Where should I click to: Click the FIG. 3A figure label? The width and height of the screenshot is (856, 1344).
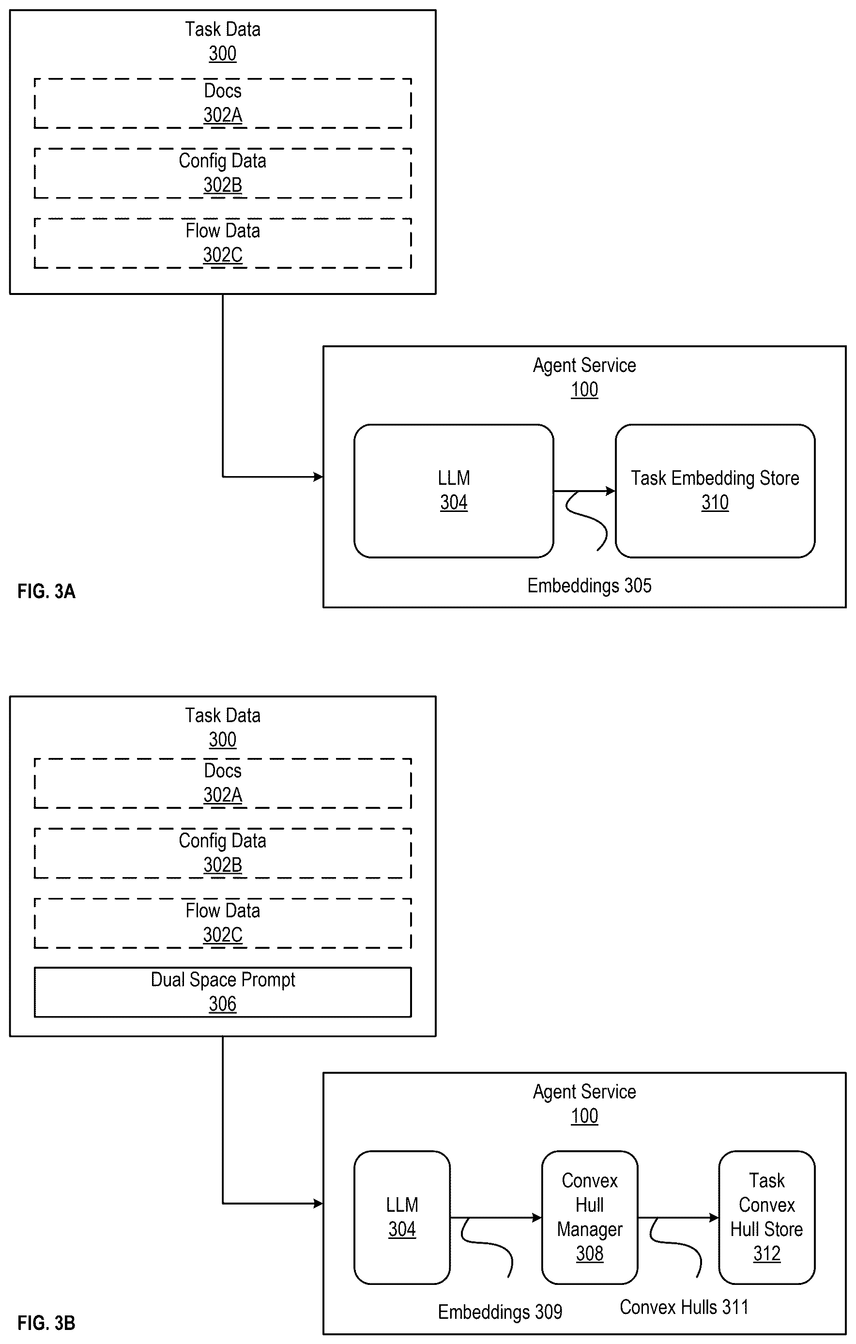coord(46,591)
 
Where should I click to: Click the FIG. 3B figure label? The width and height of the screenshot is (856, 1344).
coord(46,1322)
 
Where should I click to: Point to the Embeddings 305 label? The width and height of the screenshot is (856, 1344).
coord(589,586)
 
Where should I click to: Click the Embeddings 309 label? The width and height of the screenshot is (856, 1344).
coord(500,1312)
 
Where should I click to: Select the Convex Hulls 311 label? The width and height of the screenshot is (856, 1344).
coord(684,1307)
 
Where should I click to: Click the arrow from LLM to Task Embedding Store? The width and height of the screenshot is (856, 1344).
coord(584,491)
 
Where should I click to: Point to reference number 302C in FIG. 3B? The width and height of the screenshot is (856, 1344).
coord(223,935)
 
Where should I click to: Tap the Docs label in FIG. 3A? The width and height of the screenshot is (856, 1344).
coord(223,91)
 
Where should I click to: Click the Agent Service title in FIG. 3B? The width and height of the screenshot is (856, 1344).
coord(584,1092)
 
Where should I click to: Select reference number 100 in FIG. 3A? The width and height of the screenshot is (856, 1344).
coord(584,389)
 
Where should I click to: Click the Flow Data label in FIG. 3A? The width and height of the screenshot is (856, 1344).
coord(223,231)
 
